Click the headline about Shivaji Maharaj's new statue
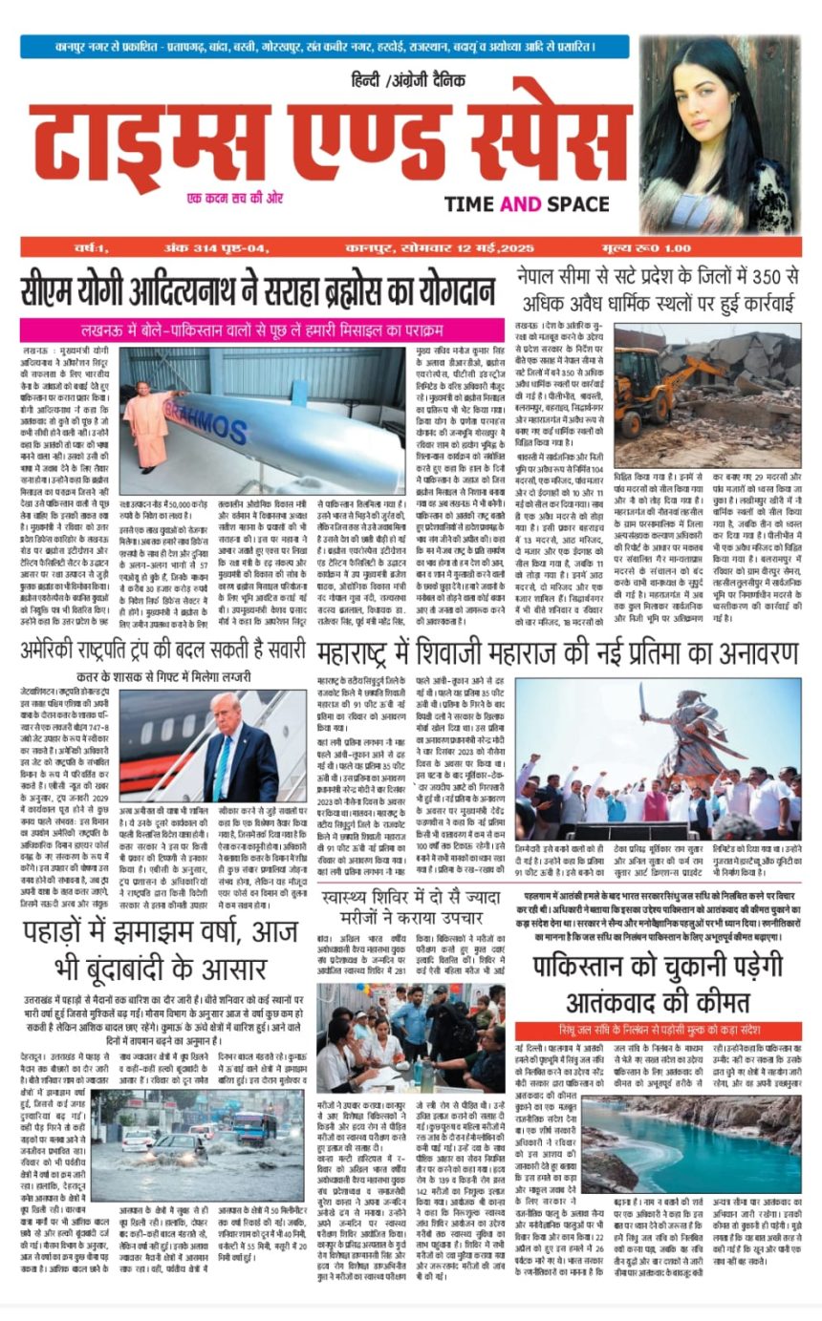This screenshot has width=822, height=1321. point(557,654)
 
